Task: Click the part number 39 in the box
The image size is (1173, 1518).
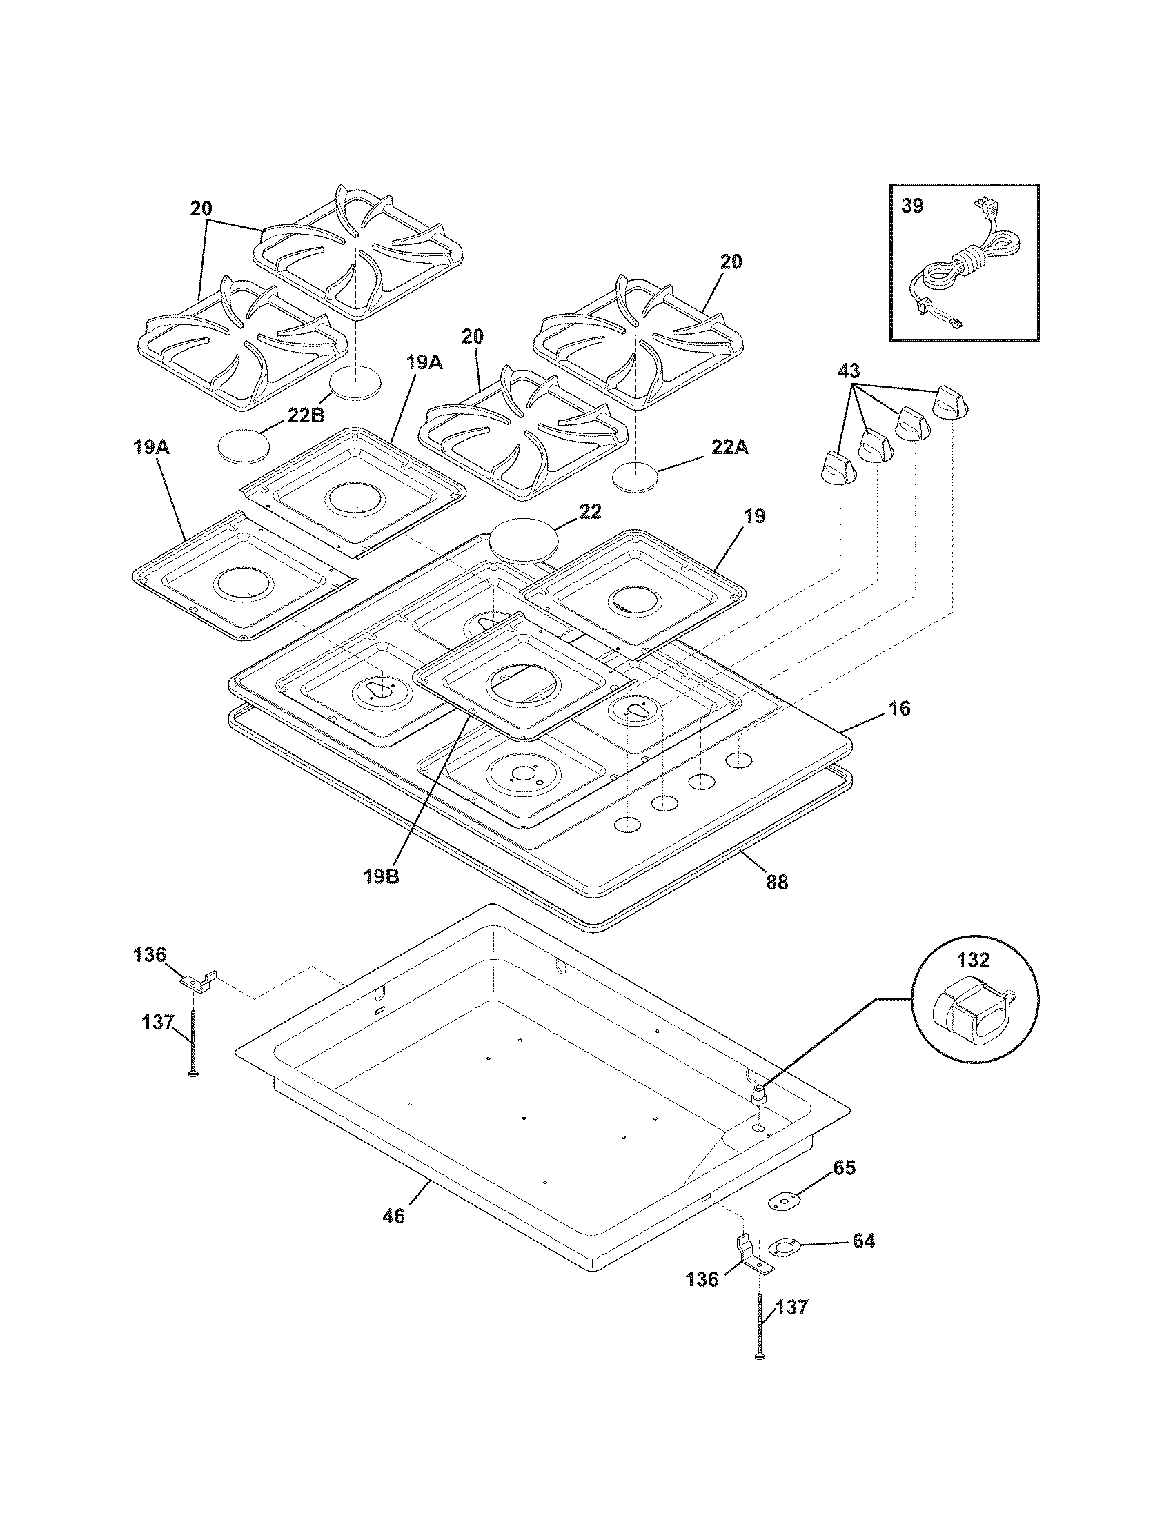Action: coord(912,206)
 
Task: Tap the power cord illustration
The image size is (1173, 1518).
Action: coord(969,268)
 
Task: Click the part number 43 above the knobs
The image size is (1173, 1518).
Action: coord(848,371)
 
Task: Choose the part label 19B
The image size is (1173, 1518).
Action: coord(381,876)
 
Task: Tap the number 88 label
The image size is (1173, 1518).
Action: coord(777,882)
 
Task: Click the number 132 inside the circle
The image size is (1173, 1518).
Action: coord(973,960)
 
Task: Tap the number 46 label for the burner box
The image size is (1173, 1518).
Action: coord(393,1217)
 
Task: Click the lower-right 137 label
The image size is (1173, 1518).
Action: coord(793,1308)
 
